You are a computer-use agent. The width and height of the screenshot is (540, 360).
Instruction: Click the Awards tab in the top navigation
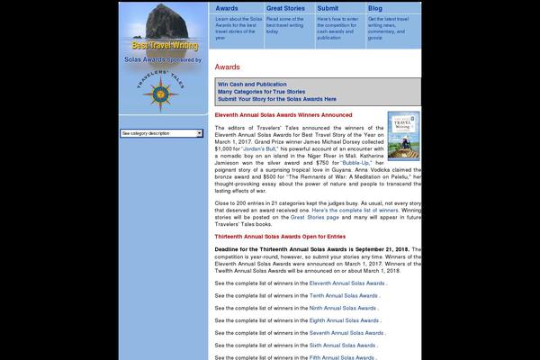click(227, 7)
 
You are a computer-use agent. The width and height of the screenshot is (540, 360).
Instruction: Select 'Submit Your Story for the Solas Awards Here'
click(277, 99)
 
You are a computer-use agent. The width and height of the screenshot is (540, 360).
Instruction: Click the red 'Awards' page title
click(227, 67)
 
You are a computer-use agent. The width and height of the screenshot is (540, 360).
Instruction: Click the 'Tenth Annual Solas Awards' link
click(344, 295)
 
